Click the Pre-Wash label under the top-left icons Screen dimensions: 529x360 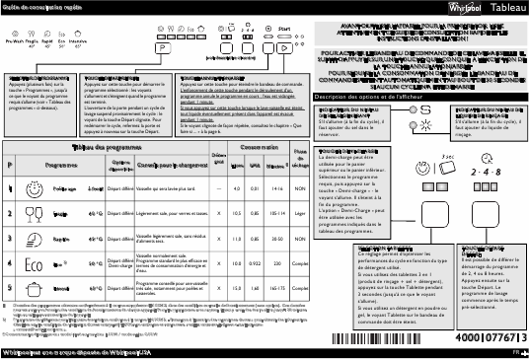[15, 43]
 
